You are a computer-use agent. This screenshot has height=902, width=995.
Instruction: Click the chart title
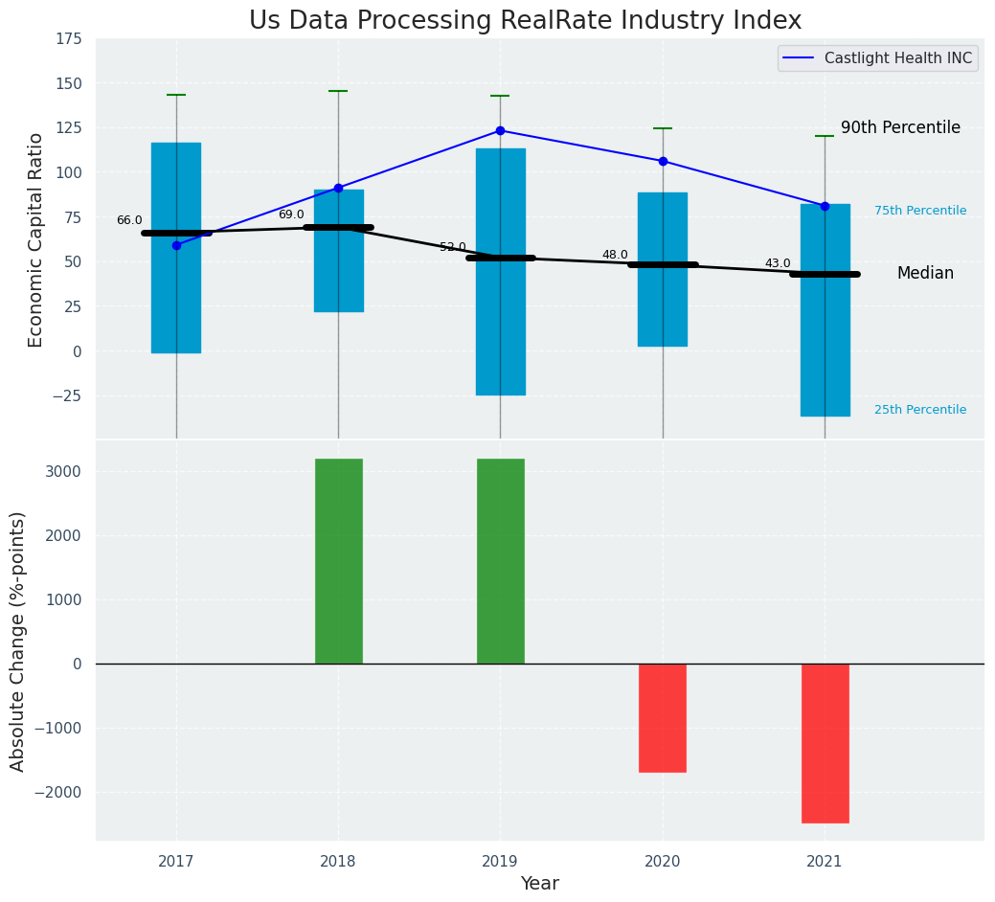point(525,21)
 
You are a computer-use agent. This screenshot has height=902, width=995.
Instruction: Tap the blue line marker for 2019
point(500,130)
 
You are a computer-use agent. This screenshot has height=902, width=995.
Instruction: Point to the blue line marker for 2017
point(176,245)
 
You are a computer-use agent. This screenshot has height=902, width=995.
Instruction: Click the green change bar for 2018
point(338,561)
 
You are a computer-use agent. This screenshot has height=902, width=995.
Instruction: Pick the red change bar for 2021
point(825,743)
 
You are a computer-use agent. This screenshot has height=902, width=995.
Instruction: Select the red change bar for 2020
point(663,717)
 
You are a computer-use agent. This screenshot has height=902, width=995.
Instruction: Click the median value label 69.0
point(291,214)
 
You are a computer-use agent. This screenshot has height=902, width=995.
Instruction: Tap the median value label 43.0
point(778,263)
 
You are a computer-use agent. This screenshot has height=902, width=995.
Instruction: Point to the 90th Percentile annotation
point(900,128)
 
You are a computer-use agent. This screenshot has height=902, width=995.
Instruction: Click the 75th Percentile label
point(920,211)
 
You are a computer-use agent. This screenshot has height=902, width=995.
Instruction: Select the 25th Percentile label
point(920,410)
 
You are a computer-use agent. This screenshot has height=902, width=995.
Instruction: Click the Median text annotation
point(925,274)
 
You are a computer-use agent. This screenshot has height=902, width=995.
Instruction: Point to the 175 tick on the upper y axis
point(67,39)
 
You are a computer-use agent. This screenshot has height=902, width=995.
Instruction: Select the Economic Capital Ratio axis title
point(36,239)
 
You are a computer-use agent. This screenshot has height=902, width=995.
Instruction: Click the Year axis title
point(539,884)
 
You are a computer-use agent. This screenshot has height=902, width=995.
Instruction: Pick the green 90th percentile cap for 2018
point(338,91)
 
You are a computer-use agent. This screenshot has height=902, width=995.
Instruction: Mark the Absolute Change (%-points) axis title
point(18,641)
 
